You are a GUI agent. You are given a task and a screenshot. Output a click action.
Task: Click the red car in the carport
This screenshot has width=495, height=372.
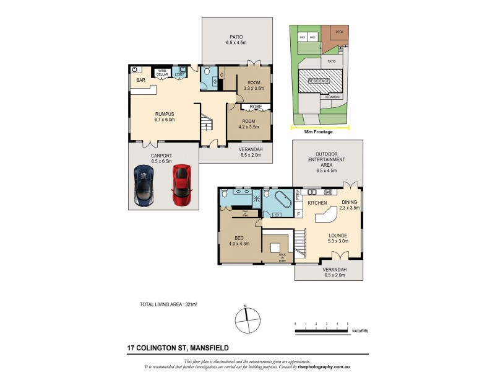(x=181, y=184)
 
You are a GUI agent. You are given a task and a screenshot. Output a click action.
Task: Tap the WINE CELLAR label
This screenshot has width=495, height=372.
(x=163, y=73)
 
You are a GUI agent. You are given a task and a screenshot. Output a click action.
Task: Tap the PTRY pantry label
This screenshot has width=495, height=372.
(x=298, y=195)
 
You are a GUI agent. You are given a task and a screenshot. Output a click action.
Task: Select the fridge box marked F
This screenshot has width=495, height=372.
(x=298, y=214)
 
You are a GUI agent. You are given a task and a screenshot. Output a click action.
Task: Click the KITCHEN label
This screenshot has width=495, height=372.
(x=317, y=203)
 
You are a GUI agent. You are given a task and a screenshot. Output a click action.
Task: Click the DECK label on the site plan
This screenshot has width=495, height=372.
(x=339, y=32)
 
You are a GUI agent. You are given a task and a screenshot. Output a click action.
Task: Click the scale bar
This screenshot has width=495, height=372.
(x=322, y=332)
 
